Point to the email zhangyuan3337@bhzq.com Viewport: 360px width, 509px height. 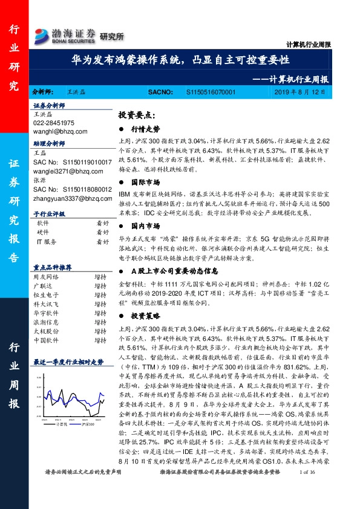pos(68,197)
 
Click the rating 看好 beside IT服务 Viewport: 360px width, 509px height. pos(102,242)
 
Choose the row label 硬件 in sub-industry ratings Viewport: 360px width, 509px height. pos(43,232)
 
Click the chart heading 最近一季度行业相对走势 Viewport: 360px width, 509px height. pos(68,361)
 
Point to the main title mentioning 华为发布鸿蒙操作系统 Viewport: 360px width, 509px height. pos(179,60)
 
